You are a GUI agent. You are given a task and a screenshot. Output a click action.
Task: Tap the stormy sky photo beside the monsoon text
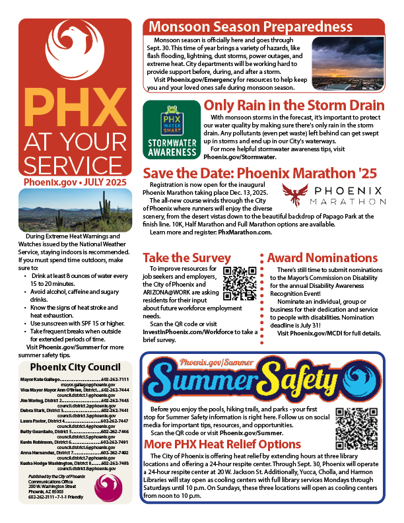[348, 63]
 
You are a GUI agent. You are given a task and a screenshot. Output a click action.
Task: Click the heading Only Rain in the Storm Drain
[294, 106]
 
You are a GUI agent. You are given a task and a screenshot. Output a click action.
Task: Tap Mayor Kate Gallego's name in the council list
[40, 380]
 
